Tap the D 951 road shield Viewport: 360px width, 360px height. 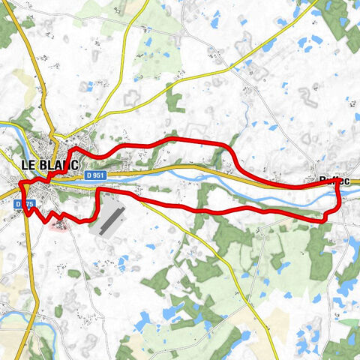pos(94,175)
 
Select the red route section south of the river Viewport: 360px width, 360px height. pos(225,212)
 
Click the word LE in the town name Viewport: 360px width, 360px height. pos(28,165)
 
